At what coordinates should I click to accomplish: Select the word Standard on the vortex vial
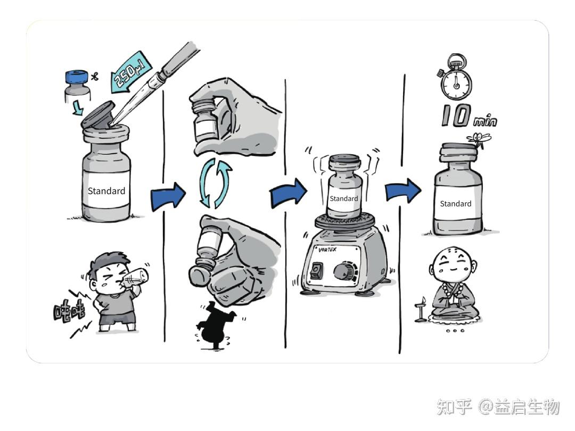[343, 198]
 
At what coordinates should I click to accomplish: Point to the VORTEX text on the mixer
[327, 250]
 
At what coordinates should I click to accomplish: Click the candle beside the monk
[422, 310]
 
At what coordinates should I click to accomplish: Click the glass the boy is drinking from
[135, 278]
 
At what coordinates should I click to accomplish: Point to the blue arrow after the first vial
[168, 196]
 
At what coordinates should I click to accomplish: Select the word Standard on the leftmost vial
[106, 191]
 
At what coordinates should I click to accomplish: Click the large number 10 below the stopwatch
[456, 115]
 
